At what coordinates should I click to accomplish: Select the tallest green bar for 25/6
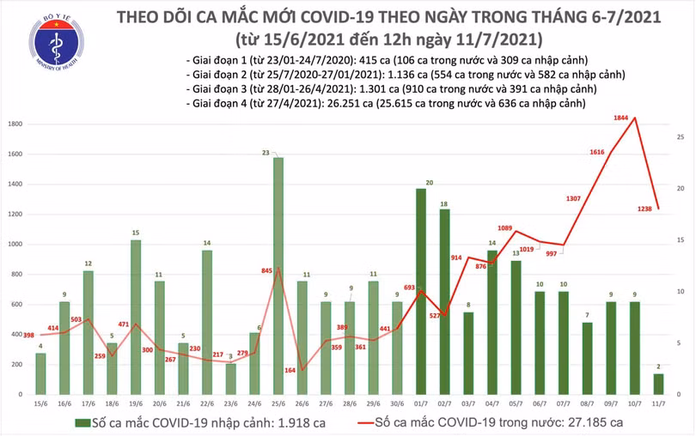point(278,275)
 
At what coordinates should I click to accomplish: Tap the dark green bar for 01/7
point(421,292)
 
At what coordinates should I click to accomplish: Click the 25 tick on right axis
point(680,137)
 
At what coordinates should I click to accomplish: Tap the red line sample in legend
point(372,422)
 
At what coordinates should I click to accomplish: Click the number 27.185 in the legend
point(580,422)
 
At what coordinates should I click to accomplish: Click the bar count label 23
point(278,152)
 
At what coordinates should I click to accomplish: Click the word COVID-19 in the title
point(346,17)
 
